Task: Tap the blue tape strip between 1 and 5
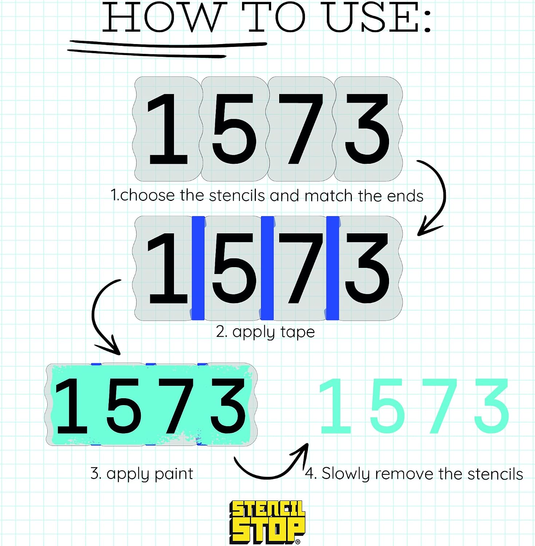198,268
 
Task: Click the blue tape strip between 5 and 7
267,268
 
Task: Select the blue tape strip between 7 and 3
332,268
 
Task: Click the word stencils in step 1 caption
237,195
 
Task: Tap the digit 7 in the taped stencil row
301,268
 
